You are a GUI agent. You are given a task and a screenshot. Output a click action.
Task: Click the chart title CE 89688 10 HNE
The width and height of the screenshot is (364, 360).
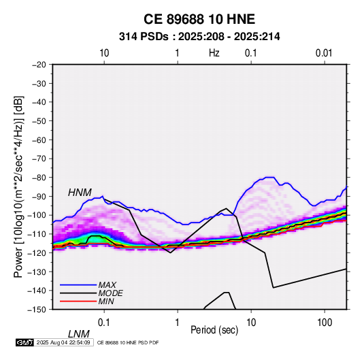199,19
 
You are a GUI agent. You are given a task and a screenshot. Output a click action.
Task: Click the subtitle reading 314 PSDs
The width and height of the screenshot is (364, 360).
144,37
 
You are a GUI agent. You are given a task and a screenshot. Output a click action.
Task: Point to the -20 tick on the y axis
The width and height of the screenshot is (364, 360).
39,65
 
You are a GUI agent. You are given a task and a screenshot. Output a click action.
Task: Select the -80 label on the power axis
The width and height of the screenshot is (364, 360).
39,178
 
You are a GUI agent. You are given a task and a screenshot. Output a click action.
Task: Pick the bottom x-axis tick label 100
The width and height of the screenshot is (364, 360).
325,323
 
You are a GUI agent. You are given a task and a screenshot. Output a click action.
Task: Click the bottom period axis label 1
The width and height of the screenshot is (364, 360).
178,323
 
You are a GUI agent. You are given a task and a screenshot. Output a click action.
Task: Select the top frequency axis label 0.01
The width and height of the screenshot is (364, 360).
324,53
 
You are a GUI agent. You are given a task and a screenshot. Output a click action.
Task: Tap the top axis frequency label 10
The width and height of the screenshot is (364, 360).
104,53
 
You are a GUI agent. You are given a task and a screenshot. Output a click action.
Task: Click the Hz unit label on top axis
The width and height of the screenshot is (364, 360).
214,53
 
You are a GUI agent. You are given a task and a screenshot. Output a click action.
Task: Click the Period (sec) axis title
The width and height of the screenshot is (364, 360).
214,330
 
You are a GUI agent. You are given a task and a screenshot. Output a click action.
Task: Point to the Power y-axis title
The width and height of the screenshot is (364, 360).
18,186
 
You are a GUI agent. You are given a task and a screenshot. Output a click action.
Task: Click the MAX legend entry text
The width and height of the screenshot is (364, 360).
107,284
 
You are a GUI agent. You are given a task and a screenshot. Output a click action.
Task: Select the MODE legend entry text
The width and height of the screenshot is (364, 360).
110,293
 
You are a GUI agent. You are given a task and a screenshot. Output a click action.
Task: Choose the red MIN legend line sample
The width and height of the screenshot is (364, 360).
78,301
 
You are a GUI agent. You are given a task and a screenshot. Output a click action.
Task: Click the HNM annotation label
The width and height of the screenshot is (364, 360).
80,193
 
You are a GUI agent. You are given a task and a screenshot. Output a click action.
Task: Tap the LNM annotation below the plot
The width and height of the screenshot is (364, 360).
78,334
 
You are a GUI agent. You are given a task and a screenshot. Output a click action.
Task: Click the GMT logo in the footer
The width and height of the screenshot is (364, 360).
24,342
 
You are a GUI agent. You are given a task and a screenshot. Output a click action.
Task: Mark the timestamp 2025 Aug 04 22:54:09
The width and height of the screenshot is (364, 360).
63,342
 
